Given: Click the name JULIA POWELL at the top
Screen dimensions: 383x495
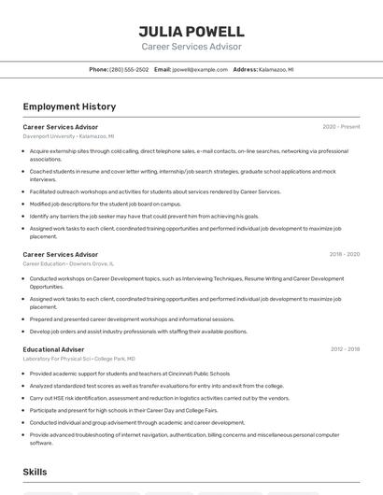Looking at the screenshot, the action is point(191,31).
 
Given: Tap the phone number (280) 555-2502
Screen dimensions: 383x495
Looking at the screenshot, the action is point(129,69).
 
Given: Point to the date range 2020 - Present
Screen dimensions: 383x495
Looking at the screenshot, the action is point(341,126).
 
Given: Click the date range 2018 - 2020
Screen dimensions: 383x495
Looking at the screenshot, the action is point(344,254).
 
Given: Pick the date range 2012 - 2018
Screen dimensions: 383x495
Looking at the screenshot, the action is point(345,349).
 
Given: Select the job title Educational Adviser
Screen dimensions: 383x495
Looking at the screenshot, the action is point(53,349).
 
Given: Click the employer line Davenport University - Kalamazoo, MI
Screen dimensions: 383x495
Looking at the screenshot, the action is point(68,135).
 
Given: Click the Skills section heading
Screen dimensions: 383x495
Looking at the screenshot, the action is point(35,472).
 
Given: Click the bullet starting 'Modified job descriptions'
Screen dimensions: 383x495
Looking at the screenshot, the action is point(106,204).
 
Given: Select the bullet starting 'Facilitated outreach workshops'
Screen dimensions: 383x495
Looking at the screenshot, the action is point(155,191).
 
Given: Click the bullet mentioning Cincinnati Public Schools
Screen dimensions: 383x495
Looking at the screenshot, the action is point(130,374).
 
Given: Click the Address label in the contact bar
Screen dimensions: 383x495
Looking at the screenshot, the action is point(245,69).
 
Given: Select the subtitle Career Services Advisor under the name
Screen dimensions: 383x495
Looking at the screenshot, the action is point(191,47).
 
